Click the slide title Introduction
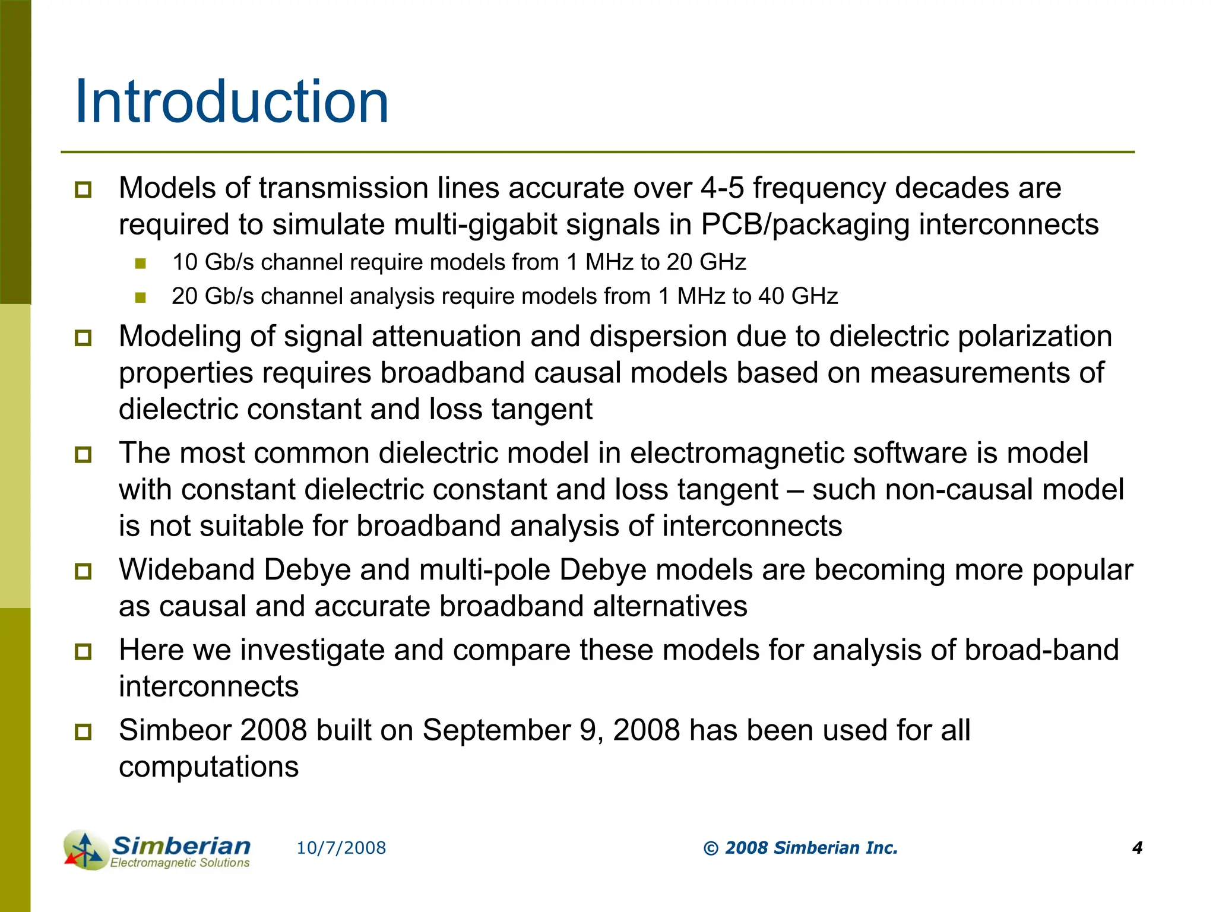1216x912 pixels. point(232,102)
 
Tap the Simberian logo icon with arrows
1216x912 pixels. point(85,850)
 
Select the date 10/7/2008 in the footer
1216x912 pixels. point(341,848)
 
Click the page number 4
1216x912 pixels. point(1137,848)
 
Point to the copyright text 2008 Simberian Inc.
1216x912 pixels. point(800,848)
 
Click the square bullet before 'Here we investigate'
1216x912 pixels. point(83,651)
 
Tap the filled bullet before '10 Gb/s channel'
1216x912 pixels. point(140,263)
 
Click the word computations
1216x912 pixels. point(208,767)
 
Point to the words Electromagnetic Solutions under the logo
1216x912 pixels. point(180,863)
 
